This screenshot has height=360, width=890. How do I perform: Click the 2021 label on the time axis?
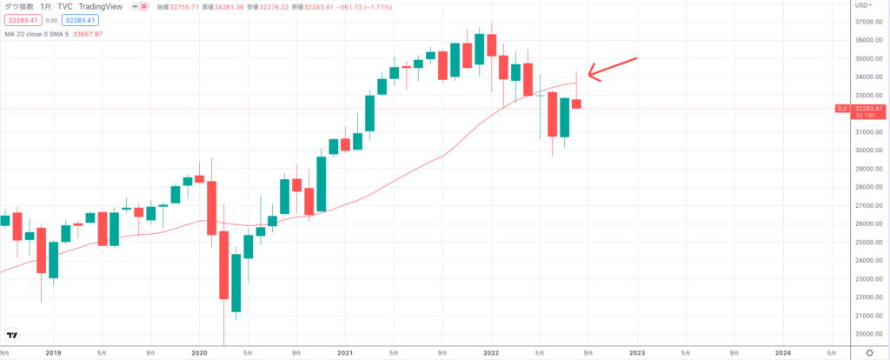coord(345,352)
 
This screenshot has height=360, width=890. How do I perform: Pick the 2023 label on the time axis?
coord(637,352)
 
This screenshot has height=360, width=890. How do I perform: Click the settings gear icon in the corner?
coord(869,351)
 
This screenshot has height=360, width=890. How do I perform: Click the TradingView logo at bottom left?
coord(12,336)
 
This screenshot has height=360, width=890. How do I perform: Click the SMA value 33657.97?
coord(86,34)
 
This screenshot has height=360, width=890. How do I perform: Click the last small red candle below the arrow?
coord(577,103)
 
